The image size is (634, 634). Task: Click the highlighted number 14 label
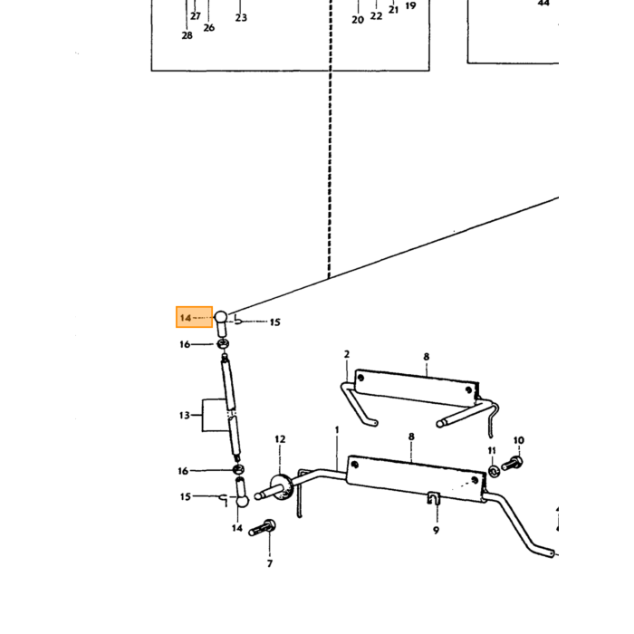point(186,318)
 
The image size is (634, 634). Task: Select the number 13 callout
point(185,415)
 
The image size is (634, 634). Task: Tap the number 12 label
point(280,439)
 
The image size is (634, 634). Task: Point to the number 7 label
point(270,563)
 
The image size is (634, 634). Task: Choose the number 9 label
point(436,530)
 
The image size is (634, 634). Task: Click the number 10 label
point(519,440)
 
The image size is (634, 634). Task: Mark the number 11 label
point(492,450)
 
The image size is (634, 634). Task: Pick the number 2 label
point(347,354)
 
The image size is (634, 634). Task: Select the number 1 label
point(337,430)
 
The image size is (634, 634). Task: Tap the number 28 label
point(187,35)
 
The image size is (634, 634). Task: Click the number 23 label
point(241,18)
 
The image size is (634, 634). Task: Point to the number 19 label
point(410,6)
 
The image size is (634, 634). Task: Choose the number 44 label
point(543,4)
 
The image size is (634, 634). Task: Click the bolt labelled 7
point(262,528)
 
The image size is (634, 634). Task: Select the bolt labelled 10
point(513,464)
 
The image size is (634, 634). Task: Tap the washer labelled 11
point(494,471)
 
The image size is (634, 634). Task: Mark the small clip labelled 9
point(434,498)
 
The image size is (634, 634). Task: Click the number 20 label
point(358,20)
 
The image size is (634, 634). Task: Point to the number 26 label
point(208,28)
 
